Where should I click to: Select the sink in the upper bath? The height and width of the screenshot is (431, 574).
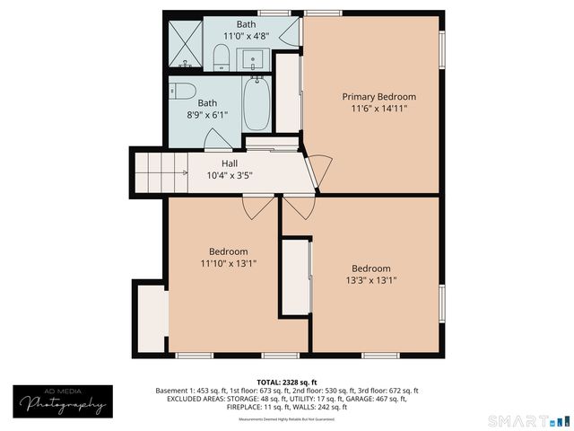pyautogui.click(x=255, y=61)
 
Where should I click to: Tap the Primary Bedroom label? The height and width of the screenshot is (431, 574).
pyautogui.click(x=378, y=97)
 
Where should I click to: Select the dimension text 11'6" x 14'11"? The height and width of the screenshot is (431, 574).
pyautogui.click(x=378, y=110)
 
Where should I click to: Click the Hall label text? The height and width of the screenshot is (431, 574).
pyautogui.click(x=230, y=163)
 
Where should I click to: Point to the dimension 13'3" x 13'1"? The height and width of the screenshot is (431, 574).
pyautogui.click(x=370, y=281)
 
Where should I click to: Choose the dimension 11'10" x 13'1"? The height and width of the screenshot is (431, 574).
pyautogui.click(x=229, y=264)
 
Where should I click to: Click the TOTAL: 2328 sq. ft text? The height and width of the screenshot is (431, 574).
pyautogui.click(x=286, y=382)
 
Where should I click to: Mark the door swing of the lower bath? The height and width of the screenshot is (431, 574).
pyautogui.click(x=215, y=140)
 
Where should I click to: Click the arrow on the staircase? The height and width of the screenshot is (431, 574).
pyautogui.click(x=184, y=171)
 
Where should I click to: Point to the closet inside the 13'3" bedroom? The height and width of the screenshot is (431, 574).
pyautogui.click(x=296, y=277)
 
